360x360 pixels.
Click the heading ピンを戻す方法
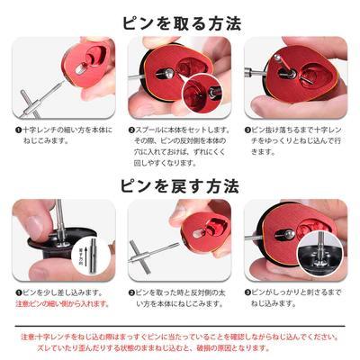[x=180, y=186]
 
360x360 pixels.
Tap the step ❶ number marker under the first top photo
[x=17, y=130]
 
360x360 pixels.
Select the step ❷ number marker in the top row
[x=132, y=130]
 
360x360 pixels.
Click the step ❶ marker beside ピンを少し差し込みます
[x=17, y=292]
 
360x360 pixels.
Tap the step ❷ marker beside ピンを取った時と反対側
[x=132, y=292]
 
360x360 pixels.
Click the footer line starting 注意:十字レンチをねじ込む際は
[x=180, y=336]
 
